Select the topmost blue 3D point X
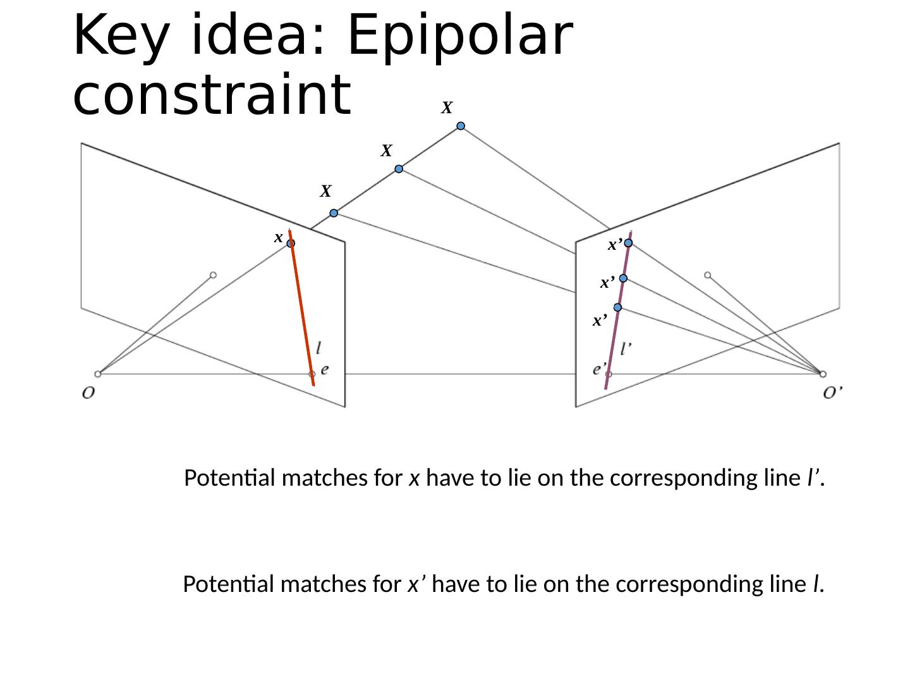click(x=461, y=126)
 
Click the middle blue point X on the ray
click(x=399, y=169)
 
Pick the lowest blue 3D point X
click(x=334, y=213)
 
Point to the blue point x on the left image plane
click(x=291, y=243)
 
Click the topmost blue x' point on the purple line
click(x=629, y=243)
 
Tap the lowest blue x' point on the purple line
click(x=617, y=307)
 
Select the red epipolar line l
click(x=302, y=310)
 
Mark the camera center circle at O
click(x=97, y=374)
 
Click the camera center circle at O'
click(x=823, y=374)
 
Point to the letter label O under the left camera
click(x=88, y=393)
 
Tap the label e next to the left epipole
click(x=324, y=370)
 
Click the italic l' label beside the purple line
click(x=627, y=348)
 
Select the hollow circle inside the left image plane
click(x=213, y=274)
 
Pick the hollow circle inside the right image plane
click(x=707, y=274)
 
